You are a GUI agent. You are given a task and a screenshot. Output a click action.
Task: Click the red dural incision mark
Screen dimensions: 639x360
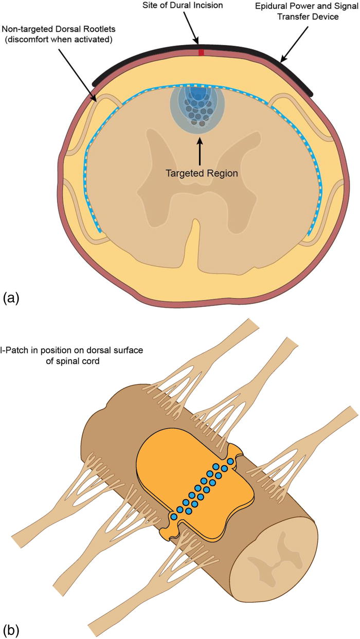[201, 52]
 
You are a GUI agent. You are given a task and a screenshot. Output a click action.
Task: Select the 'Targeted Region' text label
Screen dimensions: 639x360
[202, 173]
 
